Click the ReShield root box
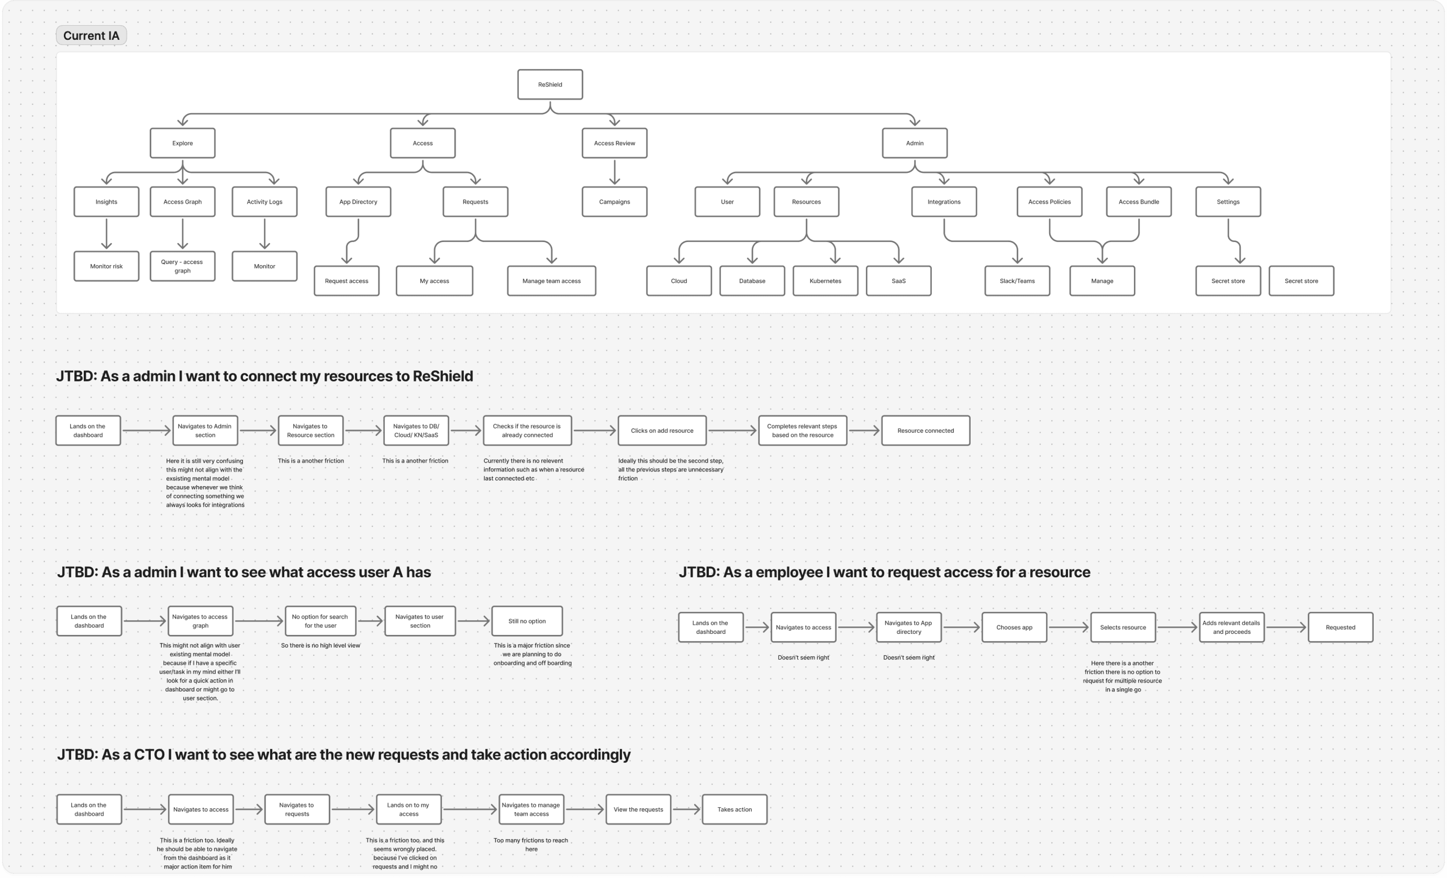click(x=550, y=85)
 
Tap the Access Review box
click(x=614, y=143)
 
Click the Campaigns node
click(x=614, y=202)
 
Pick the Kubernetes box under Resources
click(x=825, y=281)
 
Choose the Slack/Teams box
click(x=1017, y=281)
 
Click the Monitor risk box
click(x=106, y=266)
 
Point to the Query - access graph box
click(x=182, y=266)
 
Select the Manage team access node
click(x=551, y=281)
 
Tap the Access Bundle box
click(x=1138, y=202)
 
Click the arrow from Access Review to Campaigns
click(x=614, y=172)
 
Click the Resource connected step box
click(x=926, y=431)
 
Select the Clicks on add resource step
click(x=662, y=431)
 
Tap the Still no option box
click(x=527, y=621)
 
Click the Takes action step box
click(x=734, y=809)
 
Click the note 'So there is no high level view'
click(x=320, y=645)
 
